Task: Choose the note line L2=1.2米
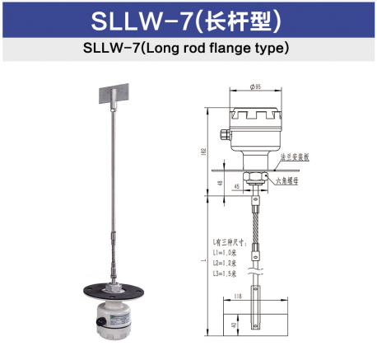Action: (x=226, y=264)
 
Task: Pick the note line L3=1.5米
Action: (x=226, y=273)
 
